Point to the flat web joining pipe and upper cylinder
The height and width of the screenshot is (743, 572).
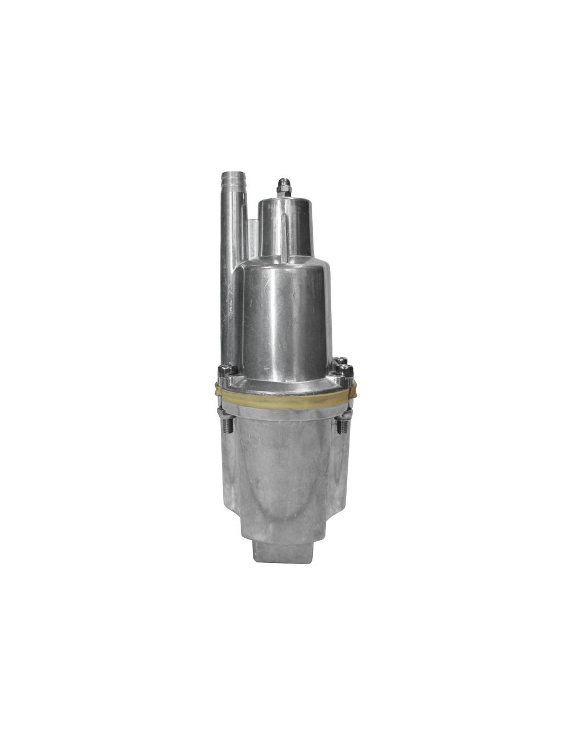coord(252,234)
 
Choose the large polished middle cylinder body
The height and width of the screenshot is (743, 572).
coord(286,320)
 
